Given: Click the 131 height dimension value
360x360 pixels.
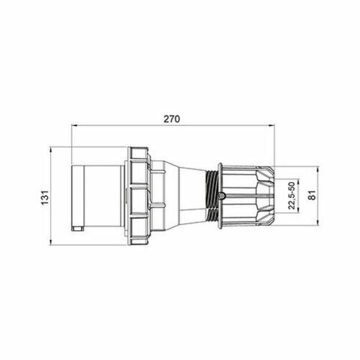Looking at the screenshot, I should click(45, 196).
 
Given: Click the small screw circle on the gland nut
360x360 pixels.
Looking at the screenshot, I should click(222, 196).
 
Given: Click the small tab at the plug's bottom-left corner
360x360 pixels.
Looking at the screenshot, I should click(75, 226).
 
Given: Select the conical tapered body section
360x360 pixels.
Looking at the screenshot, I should click(184, 196).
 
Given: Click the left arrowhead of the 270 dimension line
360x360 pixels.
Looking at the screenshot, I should click(73, 127).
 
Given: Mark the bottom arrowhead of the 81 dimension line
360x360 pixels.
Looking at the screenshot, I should click(319, 223).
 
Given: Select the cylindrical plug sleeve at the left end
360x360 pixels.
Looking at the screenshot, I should click(97, 196).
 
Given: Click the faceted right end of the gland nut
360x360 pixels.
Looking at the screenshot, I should click(266, 196).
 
